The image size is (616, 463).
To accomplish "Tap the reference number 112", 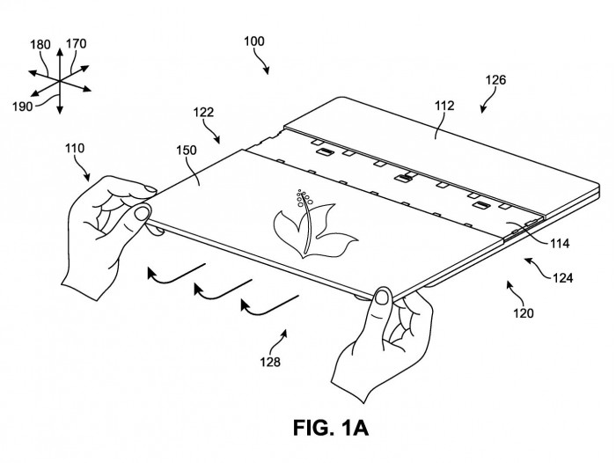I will tap(444, 106).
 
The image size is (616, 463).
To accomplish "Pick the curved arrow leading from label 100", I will tap(262, 60).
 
